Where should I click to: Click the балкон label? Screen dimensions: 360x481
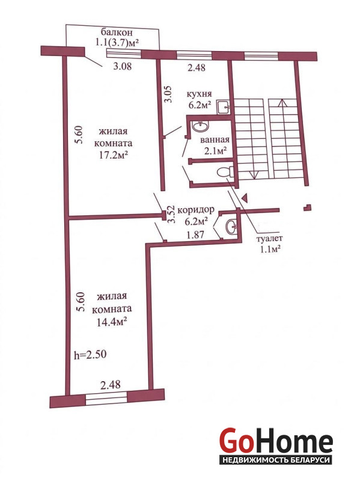tap(117, 32)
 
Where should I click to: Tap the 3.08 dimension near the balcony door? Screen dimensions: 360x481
tap(123, 66)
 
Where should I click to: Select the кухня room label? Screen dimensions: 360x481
tap(200, 94)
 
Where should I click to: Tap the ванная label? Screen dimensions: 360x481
tap(215, 140)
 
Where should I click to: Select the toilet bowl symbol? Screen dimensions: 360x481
tap(225, 172)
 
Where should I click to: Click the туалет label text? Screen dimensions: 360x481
tap(270, 238)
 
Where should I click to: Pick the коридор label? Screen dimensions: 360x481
tap(196, 210)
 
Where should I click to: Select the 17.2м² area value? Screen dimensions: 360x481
tap(112, 156)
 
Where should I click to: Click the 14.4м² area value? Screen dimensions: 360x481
tap(112, 322)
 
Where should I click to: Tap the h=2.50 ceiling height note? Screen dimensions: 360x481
tap(91, 355)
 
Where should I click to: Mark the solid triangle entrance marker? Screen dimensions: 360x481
tap(245, 198)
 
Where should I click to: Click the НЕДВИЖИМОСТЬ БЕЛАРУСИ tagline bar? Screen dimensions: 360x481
tap(276, 460)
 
